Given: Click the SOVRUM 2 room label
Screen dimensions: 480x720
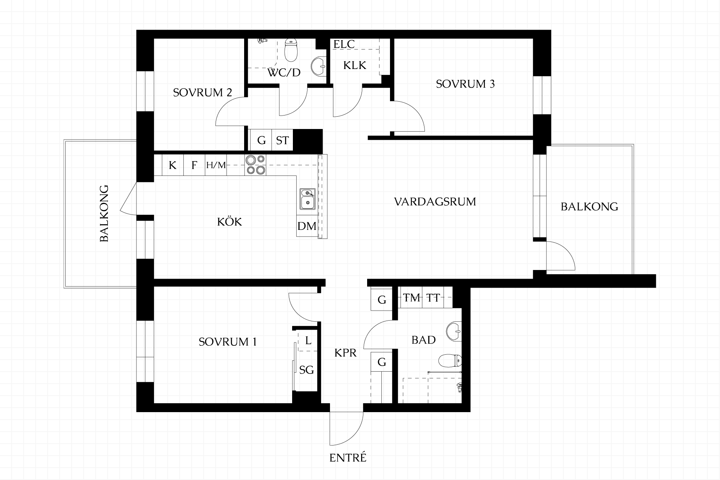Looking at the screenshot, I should [x=202, y=93].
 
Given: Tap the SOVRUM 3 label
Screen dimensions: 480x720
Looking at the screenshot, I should [x=465, y=84].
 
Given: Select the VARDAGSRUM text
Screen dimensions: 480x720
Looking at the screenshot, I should [x=435, y=202].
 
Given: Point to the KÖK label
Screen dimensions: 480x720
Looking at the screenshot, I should [x=229, y=222].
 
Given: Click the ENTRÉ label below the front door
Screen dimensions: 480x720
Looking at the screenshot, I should [x=348, y=458].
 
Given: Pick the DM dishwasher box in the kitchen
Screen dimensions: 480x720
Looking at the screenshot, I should [x=307, y=226].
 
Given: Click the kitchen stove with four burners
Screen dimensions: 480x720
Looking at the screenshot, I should [x=255, y=165].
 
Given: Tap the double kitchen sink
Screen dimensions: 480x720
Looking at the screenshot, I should [x=307, y=199].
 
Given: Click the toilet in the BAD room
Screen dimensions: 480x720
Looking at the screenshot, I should [x=450, y=361].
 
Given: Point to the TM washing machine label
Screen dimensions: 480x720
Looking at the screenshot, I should [x=412, y=298].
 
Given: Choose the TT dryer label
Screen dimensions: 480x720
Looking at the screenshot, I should [x=433, y=298].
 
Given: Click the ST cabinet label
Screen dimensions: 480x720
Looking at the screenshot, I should [x=282, y=141].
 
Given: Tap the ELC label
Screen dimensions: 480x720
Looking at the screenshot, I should [x=344, y=44].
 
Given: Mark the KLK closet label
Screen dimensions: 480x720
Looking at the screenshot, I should [x=354, y=66].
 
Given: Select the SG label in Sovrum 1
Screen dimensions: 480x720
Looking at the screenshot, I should [x=306, y=370].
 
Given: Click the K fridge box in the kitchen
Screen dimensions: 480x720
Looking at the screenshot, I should [x=172, y=165].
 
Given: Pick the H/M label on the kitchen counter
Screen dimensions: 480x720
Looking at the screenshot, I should [x=216, y=165].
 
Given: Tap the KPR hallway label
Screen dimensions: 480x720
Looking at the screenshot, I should [x=345, y=353].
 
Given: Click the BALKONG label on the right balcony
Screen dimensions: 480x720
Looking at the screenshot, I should [x=589, y=207].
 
